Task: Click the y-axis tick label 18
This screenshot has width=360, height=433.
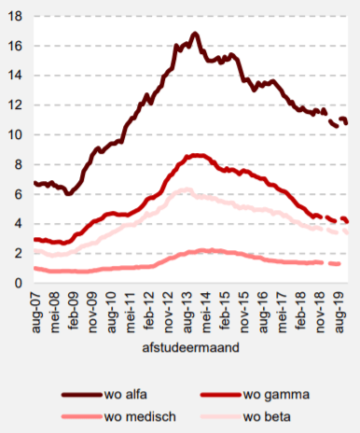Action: click(16, 16)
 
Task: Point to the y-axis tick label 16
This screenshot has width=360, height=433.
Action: click(16, 46)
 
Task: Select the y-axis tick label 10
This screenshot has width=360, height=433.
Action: click(16, 134)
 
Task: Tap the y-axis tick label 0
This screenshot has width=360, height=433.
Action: click(20, 283)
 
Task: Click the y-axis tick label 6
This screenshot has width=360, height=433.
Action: click(20, 193)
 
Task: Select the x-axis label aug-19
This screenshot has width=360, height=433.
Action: click(339, 311)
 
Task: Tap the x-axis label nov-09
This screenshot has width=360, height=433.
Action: click(93, 311)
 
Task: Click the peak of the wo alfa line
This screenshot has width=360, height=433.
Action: click(194, 34)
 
